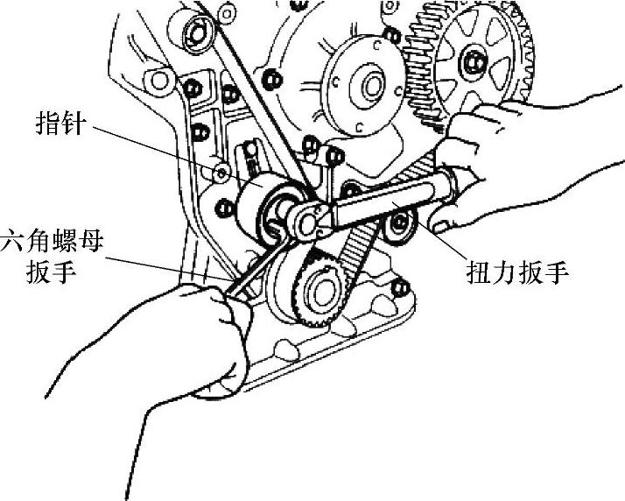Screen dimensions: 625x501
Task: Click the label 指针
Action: pyautogui.click(x=59, y=124)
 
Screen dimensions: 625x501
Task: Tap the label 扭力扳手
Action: pyautogui.click(x=516, y=272)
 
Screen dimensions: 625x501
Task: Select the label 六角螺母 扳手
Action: pyautogui.click(x=52, y=254)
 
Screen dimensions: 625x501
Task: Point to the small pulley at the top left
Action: pyautogui.click(x=193, y=32)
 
